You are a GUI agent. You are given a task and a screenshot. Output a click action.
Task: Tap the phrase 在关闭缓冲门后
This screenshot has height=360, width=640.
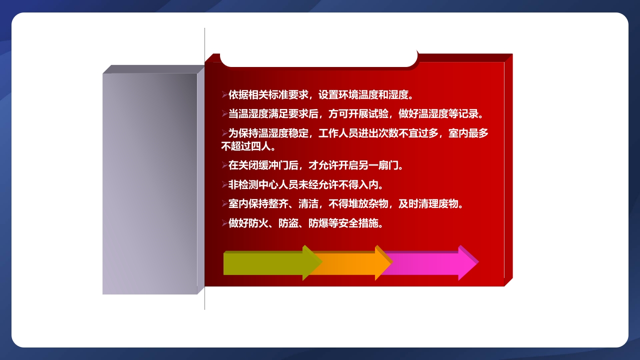[263, 165]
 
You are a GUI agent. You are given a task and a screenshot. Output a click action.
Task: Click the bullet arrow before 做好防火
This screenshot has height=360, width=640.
[224, 223]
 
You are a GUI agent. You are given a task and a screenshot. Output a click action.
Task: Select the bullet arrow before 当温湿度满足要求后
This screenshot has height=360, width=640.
[224, 114]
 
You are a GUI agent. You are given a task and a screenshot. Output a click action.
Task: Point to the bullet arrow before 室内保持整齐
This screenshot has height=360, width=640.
[224, 204]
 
